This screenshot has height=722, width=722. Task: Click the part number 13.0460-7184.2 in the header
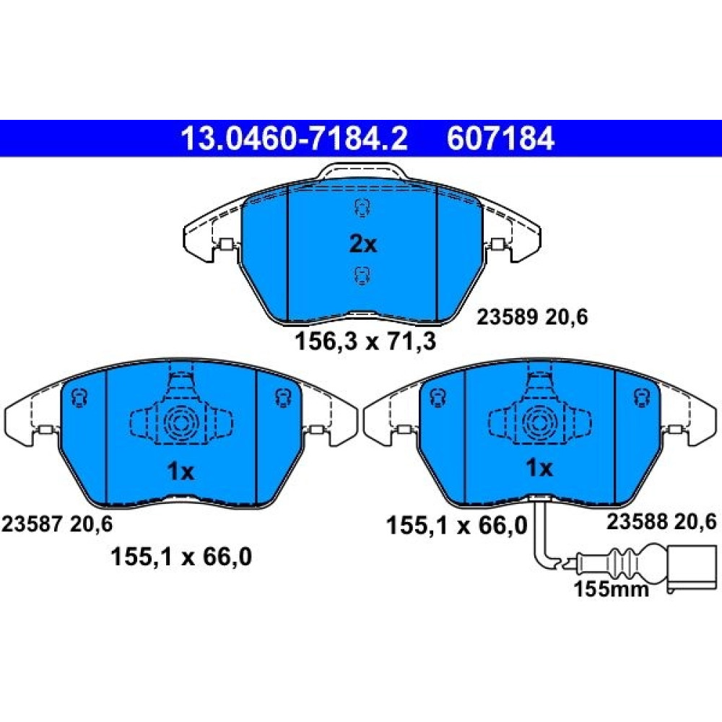[295, 139]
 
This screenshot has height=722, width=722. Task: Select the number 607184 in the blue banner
[500, 139]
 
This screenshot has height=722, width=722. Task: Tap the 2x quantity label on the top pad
[363, 244]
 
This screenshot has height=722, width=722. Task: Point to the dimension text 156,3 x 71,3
[365, 342]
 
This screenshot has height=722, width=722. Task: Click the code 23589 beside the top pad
[507, 317]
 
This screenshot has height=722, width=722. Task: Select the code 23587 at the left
[32, 524]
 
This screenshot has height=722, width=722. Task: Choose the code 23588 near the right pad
[637, 522]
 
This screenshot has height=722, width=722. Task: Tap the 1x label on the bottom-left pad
[180, 471]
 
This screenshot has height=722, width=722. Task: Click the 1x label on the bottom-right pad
[539, 469]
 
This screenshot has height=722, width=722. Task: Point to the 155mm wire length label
[612, 589]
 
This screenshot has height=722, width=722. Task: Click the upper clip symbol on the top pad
[362, 208]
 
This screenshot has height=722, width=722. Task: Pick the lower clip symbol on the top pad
[362, 276]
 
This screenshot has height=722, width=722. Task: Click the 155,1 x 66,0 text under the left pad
[181, 557]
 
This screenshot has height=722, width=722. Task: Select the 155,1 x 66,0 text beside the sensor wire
[457, 526]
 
